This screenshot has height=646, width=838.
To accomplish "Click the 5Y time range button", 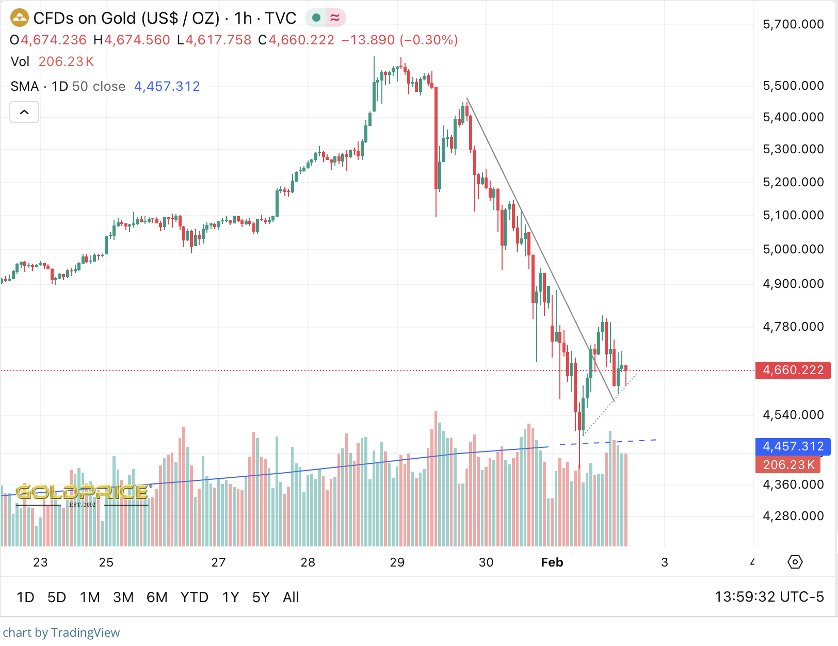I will tap(261, 597).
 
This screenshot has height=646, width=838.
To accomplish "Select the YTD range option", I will tap(194, 597).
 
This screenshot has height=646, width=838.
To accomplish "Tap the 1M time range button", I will tap(90, 597).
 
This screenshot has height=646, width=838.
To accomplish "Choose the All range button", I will tap(291, 597).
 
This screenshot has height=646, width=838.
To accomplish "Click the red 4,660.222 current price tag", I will tap(793, 370).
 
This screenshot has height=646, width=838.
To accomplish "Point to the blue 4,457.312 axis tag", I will tap(793, 446).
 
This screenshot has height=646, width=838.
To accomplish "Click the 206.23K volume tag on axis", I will tap(788, 465).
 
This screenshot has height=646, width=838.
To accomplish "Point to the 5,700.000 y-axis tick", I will tap(793, 24).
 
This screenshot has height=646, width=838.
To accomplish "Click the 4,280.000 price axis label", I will tap(793, 516).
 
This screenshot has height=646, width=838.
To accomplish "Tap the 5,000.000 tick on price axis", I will tap(793, 249).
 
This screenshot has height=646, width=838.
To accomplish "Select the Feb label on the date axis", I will tap(552, 562).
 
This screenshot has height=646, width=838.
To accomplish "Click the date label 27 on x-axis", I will tap(218, 562).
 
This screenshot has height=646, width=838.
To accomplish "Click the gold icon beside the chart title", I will tap(20, 18).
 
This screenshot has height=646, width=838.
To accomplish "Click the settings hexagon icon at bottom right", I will tap(795, 562).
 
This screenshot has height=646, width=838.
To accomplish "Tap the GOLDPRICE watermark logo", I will tap(83, 493).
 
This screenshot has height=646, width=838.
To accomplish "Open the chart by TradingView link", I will tap(61, 633).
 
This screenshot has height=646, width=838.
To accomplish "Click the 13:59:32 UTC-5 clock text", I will tap(769, 597).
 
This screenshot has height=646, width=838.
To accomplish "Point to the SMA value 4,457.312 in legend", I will tap(167, 86).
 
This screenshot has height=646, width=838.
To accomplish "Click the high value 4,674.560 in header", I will tap(137, 40).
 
